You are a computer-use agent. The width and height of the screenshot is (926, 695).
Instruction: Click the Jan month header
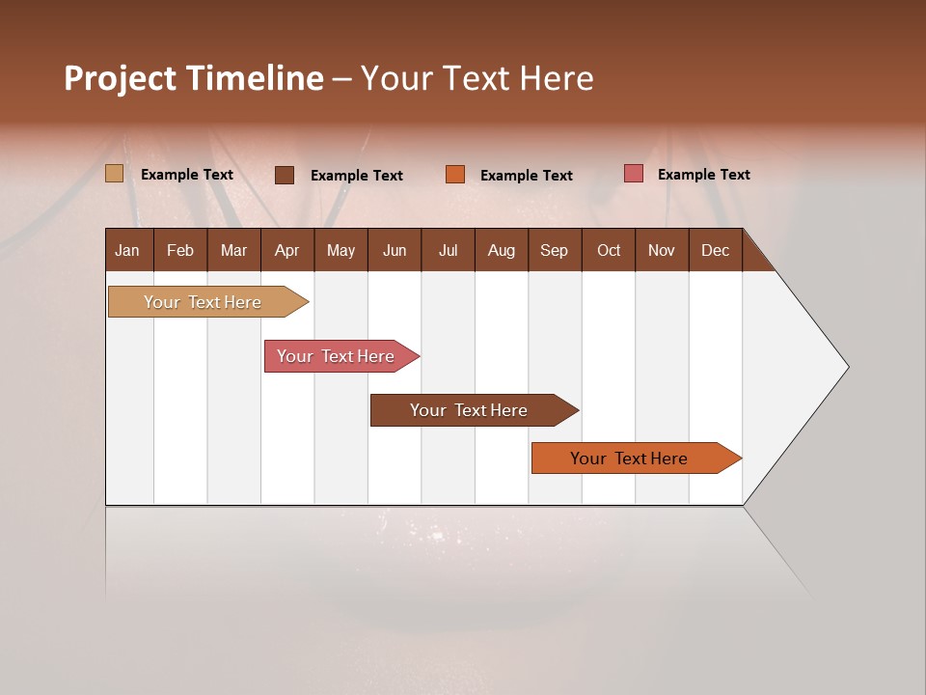[x=128, y=250]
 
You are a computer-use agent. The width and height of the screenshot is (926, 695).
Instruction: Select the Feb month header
[x=180, y=250]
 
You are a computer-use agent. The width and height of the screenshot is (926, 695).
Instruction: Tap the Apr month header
[x=287, y=250]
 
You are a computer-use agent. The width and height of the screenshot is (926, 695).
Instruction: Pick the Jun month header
[x=395, y=250]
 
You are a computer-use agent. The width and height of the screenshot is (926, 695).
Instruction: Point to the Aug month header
[x=502, y=250]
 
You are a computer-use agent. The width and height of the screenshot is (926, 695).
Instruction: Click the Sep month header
[x=555, y=250]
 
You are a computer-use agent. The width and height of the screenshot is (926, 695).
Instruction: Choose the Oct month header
[x=609, y=250]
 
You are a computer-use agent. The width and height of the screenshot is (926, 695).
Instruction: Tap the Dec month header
[x=716, y=250]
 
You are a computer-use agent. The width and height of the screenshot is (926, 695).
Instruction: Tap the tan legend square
[x=115, y=174]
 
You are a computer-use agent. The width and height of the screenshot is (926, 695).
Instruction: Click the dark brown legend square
[x=285, y=175]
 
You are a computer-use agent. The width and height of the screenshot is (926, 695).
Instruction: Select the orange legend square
[x=455, y=174]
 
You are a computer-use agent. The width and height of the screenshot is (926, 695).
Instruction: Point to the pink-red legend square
[x=634, y=174]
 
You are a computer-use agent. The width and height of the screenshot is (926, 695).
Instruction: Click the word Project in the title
[x=120, y=78]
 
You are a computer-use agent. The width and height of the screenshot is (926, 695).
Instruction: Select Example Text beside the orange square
[x=527, y=175]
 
